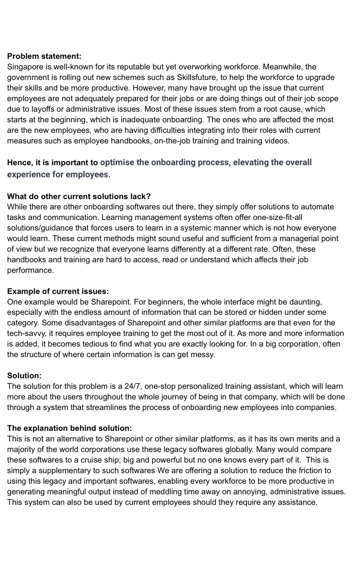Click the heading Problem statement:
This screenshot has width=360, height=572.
tap(44, 56)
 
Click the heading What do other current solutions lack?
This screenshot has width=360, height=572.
tap(79, 197)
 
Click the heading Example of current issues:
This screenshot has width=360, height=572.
tap(58, 291)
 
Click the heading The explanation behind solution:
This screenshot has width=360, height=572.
tap(69, 428)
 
